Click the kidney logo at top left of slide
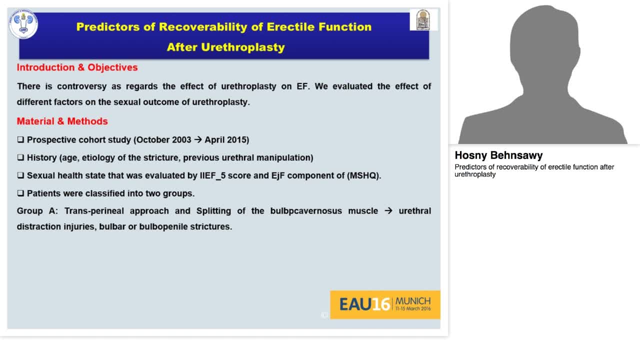click(x=23, y=24)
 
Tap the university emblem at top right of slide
click(x=423, y=20)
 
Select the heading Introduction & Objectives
click(x=77, y=67)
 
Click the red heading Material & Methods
click(x=62, y=121)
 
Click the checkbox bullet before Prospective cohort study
click(x=20, y=139)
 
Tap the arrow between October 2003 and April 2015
click(x=198, y=139)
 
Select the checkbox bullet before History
click(x=20, y=157)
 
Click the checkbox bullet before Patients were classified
click(x=20, y=193)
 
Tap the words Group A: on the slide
click(x=37, y=210)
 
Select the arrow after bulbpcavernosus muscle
click(x=388, y=210)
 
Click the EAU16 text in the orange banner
click(x=364, y=304)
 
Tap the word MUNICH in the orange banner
click(x=412, y=301)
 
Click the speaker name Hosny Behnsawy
click(x=498, y=155)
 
